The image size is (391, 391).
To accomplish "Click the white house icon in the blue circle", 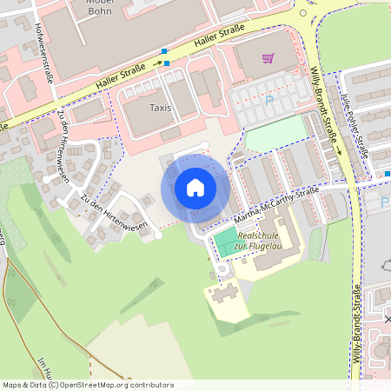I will (x=195, y=187).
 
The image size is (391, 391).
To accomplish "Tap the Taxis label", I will (x=160, y=109).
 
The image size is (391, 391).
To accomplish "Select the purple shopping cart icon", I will (x=268, y=59).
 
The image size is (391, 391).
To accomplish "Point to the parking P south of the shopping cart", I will (x=268, y=101).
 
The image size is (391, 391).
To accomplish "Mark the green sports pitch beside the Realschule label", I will (x=225, y=242).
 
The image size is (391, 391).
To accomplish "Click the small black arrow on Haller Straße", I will (x=158, y=63).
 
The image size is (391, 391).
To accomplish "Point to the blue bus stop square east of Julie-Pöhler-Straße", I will (x=388, y=174).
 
